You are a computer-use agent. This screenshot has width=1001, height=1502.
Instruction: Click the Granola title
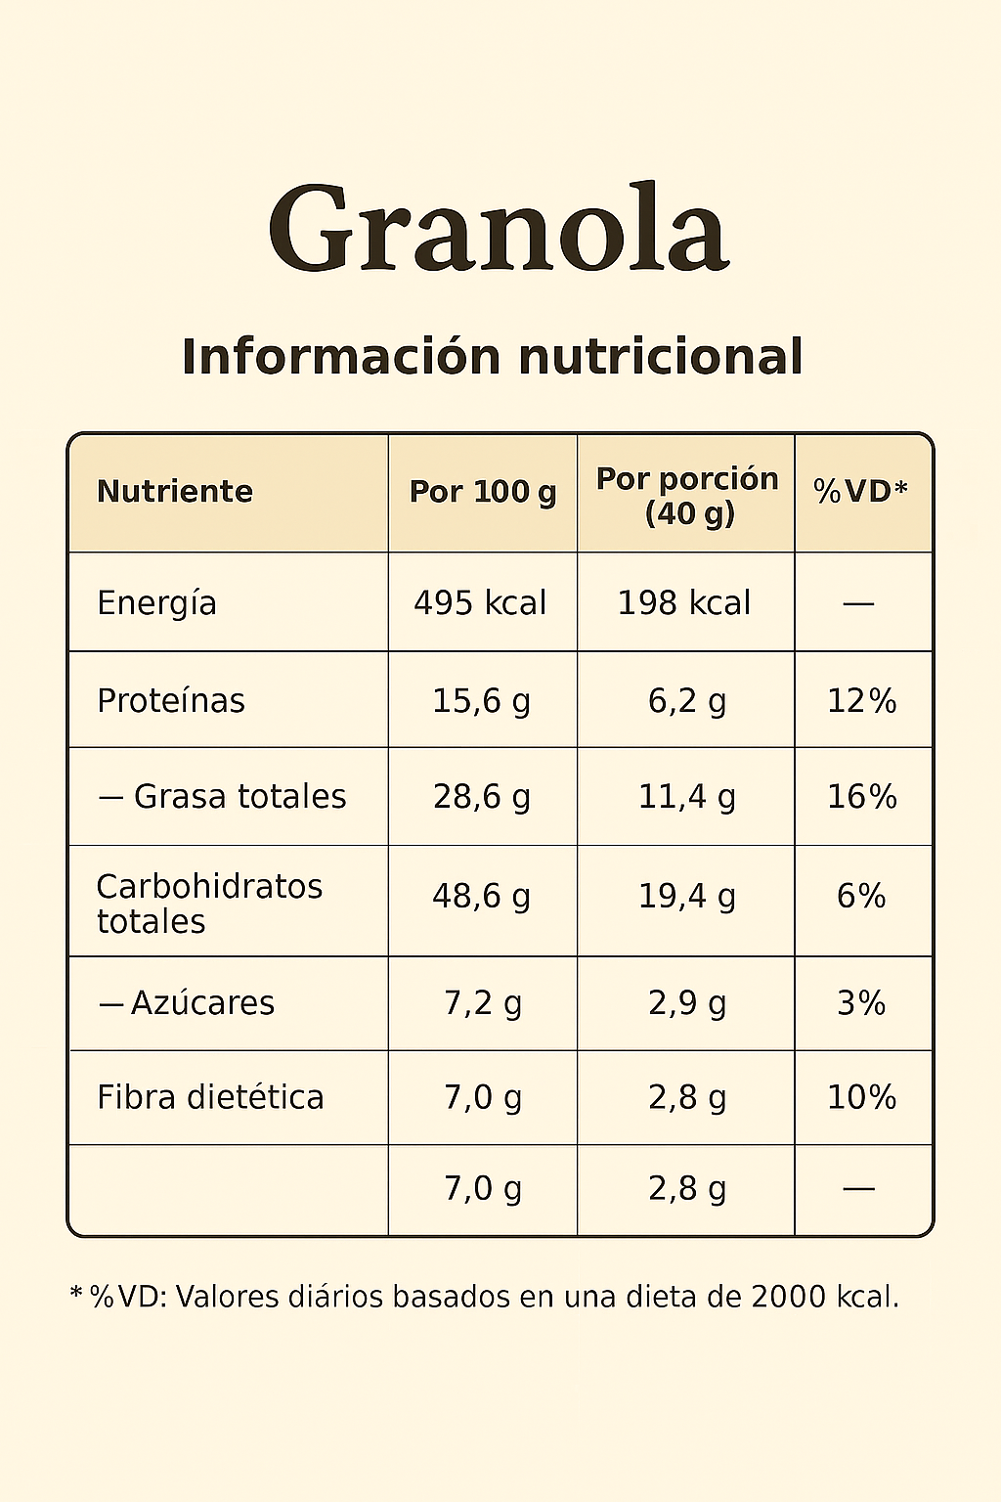click(x=499, y=230)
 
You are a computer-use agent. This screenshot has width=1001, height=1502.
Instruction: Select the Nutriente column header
click(x=175, y=491)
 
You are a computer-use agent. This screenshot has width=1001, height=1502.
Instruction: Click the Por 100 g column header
click(x=482, y=492)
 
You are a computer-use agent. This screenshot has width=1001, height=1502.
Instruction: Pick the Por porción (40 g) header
click(x=687, y=495)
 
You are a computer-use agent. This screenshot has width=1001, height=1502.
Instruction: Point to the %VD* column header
click(x=861, y=491)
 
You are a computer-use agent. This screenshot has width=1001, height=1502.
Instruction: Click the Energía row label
click(x=156, y=603)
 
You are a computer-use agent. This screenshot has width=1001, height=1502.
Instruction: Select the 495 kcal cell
click(x=480, y=603)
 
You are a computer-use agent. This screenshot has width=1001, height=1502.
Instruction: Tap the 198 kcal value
click(x=684, y=603)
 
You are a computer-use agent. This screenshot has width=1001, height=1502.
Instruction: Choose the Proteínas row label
click(x=171, y=701)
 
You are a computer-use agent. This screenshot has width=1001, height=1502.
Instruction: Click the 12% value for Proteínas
click(x=861, y=701)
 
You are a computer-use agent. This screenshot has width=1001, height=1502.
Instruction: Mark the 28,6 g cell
click(x=481, y=797)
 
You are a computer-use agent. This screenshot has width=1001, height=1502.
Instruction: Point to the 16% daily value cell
click(x=861, y=797)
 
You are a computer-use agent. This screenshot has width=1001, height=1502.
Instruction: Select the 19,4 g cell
click(x=686, y=896)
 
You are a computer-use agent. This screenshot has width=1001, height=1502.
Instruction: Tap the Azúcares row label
click(x=202, y=1003)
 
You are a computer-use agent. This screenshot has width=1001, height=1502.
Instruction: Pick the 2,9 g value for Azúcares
click(x=686, y=1003)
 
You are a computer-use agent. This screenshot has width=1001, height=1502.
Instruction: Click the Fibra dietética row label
click(x=210, y=1097)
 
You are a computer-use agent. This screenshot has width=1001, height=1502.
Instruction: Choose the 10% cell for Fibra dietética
click(x=861, y=1097)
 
